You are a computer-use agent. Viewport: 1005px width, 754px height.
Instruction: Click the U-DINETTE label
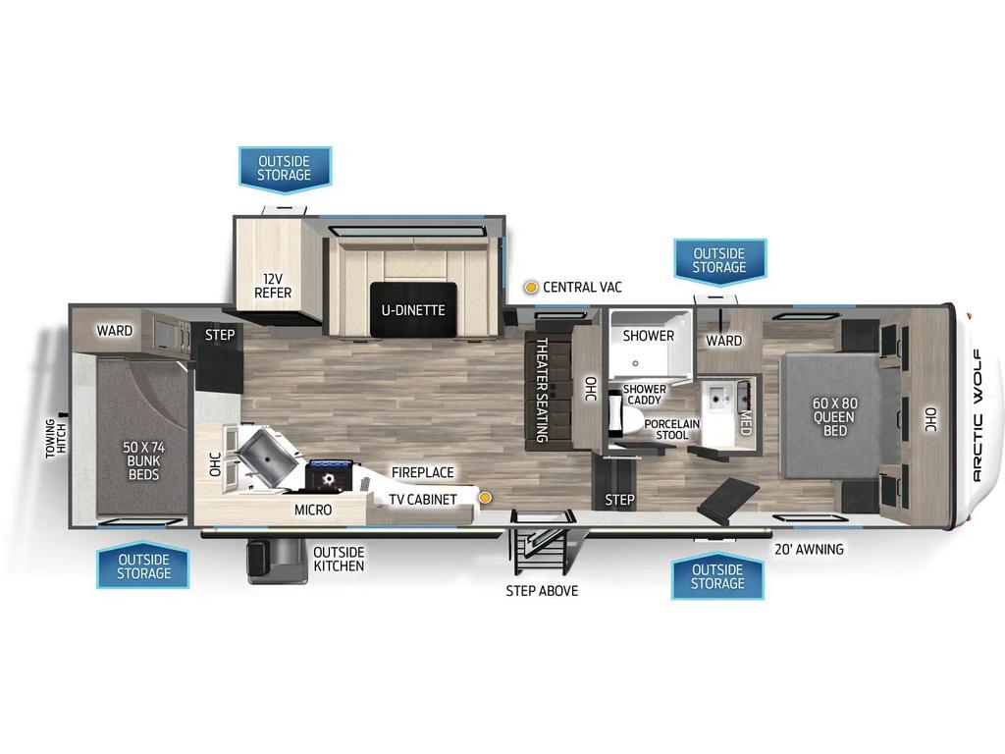tap(413, 310)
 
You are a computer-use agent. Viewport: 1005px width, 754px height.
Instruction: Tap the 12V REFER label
tap(273, 286)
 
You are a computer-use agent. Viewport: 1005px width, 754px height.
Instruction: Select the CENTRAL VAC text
tap(582, 288)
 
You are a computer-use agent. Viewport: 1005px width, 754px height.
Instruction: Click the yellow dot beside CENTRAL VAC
tap(531, 288)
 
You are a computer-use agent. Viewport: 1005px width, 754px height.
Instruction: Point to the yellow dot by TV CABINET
tap(486, 498)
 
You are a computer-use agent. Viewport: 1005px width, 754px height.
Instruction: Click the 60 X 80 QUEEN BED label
tap(834, 416)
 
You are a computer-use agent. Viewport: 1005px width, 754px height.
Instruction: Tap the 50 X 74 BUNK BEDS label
tap(143, 460)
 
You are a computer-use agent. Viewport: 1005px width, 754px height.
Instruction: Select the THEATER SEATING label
tap(542, 390)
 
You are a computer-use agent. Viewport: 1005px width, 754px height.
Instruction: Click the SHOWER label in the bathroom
tap(648, 336)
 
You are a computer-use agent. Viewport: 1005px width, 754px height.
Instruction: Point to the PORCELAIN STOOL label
tap(671, 430)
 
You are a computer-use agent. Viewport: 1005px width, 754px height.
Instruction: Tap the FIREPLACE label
tap(422, 472)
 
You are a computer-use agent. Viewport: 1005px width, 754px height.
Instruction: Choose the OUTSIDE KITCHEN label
tap(339, 559)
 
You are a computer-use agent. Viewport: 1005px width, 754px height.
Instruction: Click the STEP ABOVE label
tap(542, 590)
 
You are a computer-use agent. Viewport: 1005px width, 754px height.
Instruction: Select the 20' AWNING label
tap(809, 549)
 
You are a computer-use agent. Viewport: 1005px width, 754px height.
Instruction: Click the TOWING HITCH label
tap(56, 439)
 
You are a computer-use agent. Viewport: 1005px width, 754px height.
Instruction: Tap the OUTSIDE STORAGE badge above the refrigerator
tap(285, 167)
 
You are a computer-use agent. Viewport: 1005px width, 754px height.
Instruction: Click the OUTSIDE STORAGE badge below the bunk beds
tap(143, 566)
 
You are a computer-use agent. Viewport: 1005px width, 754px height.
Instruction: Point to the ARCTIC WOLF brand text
tap(977, 415)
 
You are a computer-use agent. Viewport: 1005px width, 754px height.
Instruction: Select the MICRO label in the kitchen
tap(313, 510)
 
